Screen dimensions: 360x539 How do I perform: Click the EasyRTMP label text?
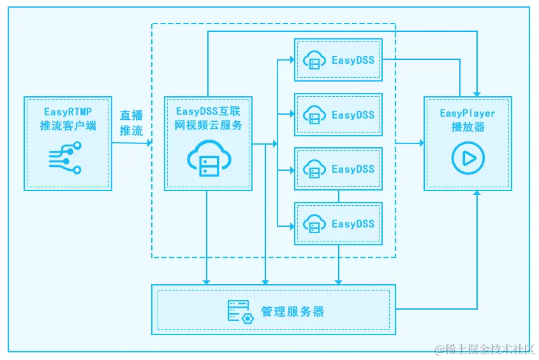click(x=68, y=112)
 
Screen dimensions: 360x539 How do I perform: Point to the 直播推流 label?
click(x=131, y=123)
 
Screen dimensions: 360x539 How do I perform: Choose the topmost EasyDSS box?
click(x=338, y=60)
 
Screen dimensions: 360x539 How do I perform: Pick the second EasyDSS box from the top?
click(x=338, y=115)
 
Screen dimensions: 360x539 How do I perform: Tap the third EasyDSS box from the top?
click(x=338, y=169)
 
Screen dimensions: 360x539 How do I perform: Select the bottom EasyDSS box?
click(x=338, y=224)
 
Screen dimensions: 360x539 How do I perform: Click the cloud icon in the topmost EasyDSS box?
click(x=314, y=60)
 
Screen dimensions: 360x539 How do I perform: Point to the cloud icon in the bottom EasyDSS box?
click(x=314, y=224)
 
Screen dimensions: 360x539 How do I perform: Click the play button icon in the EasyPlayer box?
click(x=468, y=158)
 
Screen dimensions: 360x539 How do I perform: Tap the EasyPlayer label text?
click(x=468, y=113)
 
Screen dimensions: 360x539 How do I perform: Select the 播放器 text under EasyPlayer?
click(x=468, y=127)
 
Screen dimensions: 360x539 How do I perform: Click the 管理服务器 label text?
click(x=293, y=312)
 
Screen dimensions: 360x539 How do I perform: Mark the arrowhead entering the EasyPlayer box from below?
click(x=476, y=194)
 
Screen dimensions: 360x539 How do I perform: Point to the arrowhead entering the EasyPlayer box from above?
click(x=476, y=93)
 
